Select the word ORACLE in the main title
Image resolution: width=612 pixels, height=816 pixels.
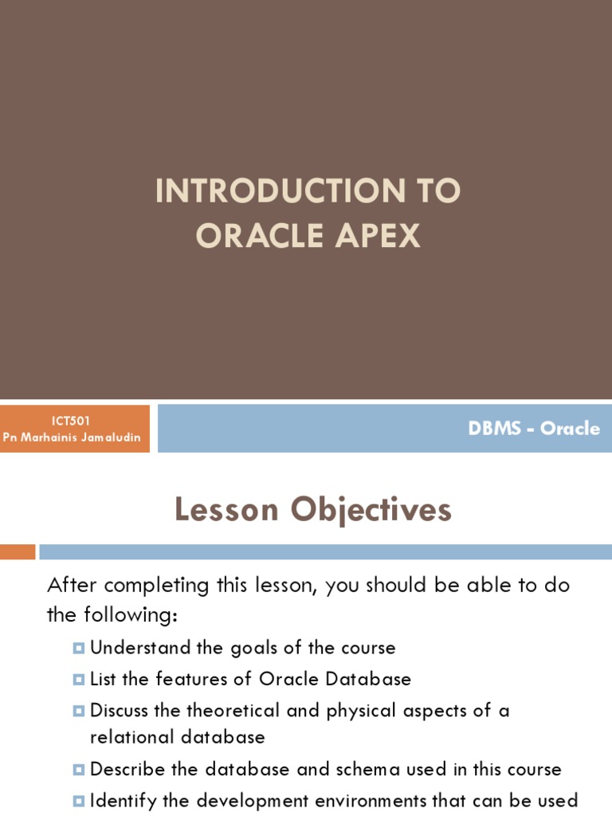pos(255,235)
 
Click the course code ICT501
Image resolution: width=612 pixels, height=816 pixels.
pos(74,421)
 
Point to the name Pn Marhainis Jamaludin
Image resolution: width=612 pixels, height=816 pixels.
pos(74,437)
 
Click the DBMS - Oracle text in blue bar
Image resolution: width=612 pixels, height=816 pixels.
pos(534,428)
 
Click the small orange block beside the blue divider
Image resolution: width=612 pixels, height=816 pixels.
pos(18,552)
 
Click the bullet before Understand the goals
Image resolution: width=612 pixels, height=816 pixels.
pos(78,648)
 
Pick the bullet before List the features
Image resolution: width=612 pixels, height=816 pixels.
pos(78,680)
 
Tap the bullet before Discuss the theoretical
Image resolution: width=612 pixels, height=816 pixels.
pos(78,710)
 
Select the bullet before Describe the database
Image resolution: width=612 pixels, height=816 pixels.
pos(78,770)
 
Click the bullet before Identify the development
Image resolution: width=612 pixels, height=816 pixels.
pos(78,800)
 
